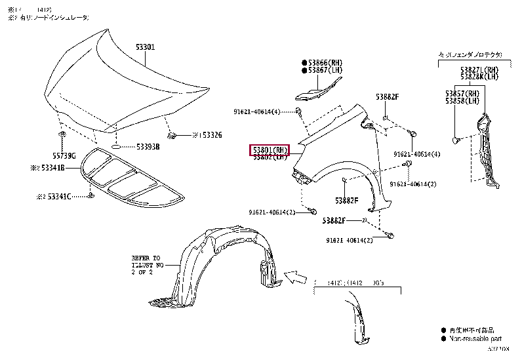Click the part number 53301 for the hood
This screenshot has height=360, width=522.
pyautogui.click(x=145, y=47)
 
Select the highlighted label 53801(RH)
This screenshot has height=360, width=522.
pyautogui.click(x=269, y=150)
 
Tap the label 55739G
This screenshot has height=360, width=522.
pyautogui.click(x=64, y=155)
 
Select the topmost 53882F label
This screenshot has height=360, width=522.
pyautogui.click(x=386, y=96)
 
